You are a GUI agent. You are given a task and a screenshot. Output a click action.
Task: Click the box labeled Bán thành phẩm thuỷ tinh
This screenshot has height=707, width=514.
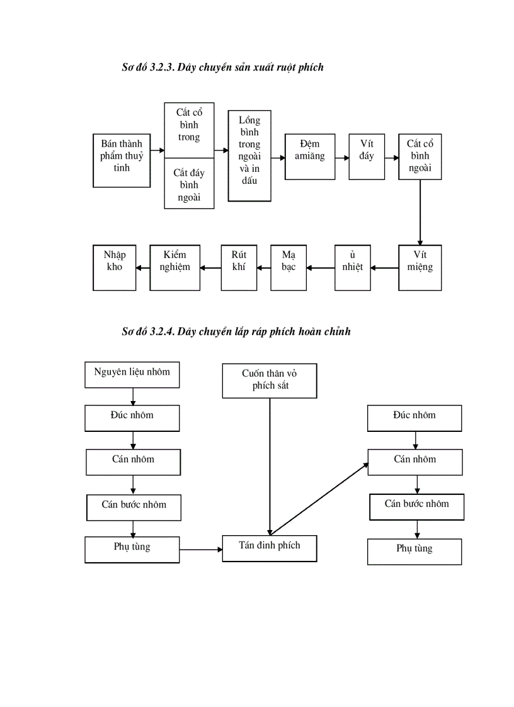tap(122, 160)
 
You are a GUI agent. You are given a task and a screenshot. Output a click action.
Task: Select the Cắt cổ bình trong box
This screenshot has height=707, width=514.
tap(189, 130)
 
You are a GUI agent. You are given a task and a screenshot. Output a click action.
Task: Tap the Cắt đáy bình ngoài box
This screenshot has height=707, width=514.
tap(189, 183)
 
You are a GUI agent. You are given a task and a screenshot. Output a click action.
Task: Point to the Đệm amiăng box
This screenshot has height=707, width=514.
tap(310, 156)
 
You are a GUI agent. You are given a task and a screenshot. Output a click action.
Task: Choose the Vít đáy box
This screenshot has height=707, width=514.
tap(367, 156)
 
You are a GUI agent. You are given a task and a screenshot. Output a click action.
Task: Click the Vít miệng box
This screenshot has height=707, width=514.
tap(420, 267)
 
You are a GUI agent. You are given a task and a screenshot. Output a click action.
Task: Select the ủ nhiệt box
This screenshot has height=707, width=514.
tap(353, 267)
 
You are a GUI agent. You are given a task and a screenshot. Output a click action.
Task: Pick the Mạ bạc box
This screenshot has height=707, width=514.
tap(289, 267)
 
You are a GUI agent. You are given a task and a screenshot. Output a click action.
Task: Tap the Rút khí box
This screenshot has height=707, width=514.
tap(239, 267)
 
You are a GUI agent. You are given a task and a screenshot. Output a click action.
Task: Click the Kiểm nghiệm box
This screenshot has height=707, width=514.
tap(174, 267)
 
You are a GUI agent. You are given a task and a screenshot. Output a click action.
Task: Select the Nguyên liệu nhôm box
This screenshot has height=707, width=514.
tap(132, 375)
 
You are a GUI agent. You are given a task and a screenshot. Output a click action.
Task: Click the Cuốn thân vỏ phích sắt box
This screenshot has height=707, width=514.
tap(270, 380)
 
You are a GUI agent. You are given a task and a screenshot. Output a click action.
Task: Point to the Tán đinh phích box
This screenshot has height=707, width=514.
tap(270, 548)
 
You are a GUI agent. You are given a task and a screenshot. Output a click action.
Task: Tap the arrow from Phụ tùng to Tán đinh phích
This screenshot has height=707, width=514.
tap(201, 550)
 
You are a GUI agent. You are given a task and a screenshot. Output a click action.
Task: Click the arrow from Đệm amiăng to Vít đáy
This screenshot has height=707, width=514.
tap(342, 158)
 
